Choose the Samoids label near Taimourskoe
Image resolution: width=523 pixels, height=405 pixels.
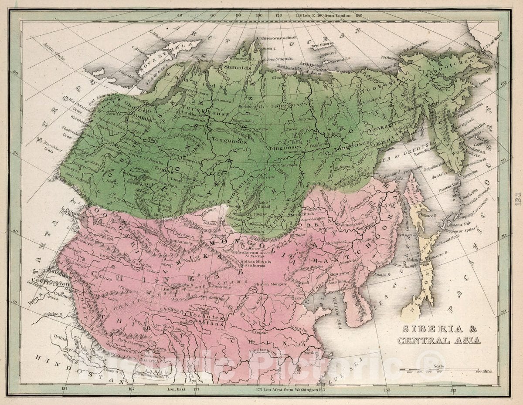coord(237,67)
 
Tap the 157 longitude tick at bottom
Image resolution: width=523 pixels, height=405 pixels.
coord(65,389)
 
